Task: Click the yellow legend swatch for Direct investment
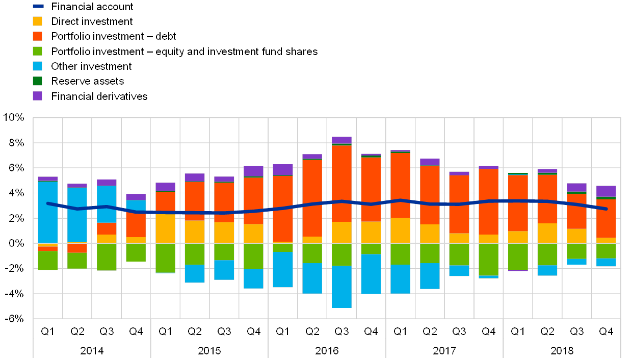click(x=37, y=21)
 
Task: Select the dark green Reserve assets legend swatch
click(x=37, y=81)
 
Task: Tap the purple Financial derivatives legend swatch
click(x=37, y=96)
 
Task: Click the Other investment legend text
click(x=92, y=66)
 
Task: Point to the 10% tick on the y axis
click(x=14, y=118)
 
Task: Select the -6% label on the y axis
click(x=14, y=319)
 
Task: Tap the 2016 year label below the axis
click(x=326, y=351)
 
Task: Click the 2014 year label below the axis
click(x=91, y=351)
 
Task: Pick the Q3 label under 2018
click(x=576, y=332)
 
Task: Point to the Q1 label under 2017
click(x=400, y=332)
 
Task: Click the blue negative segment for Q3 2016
click(x=341, y=287)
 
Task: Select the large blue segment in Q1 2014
click(x=48, y=212)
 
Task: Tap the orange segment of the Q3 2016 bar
click(x=341, y=184)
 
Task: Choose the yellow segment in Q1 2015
click(x=165, y=228)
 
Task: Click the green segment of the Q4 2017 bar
click(x=488, y=259)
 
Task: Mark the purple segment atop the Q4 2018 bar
click(x=606, y=191)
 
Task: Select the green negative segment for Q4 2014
click(x=136, y=252)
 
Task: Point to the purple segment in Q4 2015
click(x=253, y=171)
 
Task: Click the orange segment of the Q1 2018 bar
click(x=518, y=203)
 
